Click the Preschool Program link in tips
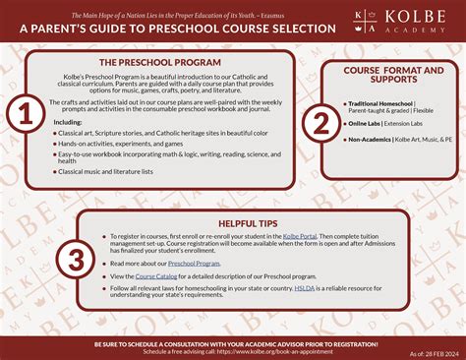click(x=195, y=264)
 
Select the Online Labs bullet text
click(x=360, y=124)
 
